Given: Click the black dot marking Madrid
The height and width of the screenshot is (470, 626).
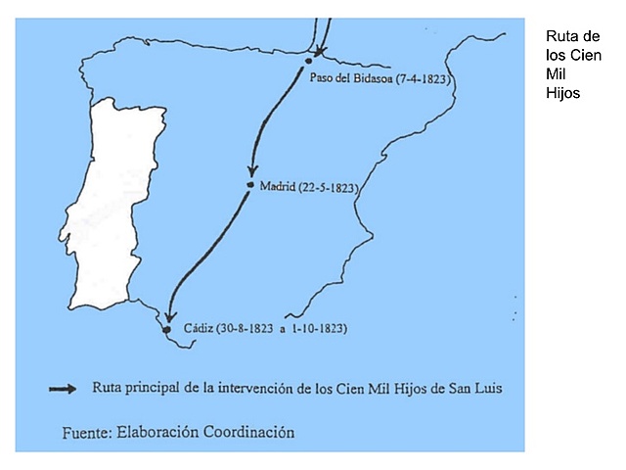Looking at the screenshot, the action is (x=250, y=185).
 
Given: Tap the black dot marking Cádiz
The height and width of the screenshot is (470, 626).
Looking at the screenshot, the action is (x=167, y=329).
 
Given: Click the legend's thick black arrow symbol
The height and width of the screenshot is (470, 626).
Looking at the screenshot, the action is (x=64, y=389).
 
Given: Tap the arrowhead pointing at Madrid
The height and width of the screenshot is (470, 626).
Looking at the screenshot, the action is (x=251, y=170).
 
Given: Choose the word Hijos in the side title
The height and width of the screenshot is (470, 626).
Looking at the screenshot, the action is (x=563, y=94).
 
